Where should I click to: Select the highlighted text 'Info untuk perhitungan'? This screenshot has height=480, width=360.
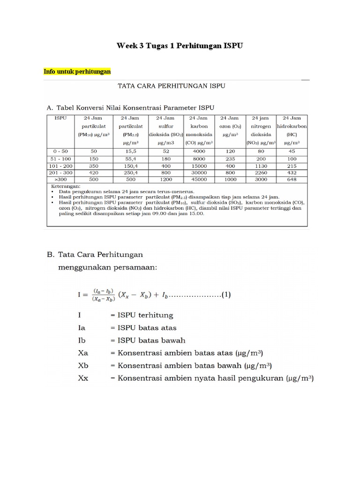(x=77, y=72)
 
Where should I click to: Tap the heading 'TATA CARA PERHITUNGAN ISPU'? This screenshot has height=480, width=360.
(x=171, y=86)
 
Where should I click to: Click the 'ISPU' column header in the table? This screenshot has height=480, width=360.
(x=61, y=118)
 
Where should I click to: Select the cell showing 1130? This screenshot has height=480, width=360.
(x=261, y=165)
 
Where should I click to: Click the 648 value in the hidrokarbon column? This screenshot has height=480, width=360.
(x=292, y=179)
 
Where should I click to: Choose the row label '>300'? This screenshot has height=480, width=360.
(x=61, y=179)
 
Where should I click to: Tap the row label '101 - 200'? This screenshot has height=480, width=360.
(x=61, y=165)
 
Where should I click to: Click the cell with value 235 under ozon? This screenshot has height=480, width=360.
(x=230, y=159)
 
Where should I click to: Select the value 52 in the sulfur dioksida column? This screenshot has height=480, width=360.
(x=165, y=151)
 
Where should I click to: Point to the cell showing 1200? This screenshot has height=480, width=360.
(x=165, y=179)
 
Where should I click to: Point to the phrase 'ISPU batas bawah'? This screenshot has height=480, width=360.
(x=148, y=340)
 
